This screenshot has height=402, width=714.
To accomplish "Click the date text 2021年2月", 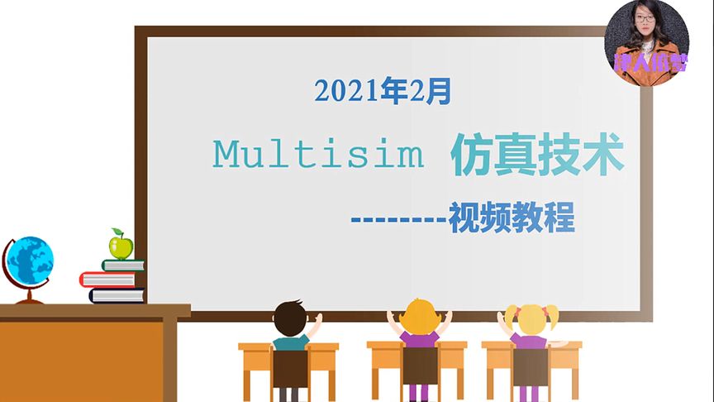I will pyautogui.click(x=383, y=91).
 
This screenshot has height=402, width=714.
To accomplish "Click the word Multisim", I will pyautogui.click(x=318, y=154).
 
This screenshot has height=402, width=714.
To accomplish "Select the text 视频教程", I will pyautogui.click(x=512, y=219).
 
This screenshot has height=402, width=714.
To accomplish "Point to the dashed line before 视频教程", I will pyautogui.click(x=398, y=221).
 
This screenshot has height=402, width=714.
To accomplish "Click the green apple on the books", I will pyautogui.click(x=121, y=246).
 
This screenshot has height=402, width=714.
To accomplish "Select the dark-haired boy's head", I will pyautogui.click(x=290, y=318).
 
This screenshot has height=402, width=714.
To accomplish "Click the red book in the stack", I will pyautogui.click(x=107, y=279).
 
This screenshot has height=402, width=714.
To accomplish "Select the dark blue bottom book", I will pyautogui.click(x=117, y=295).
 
